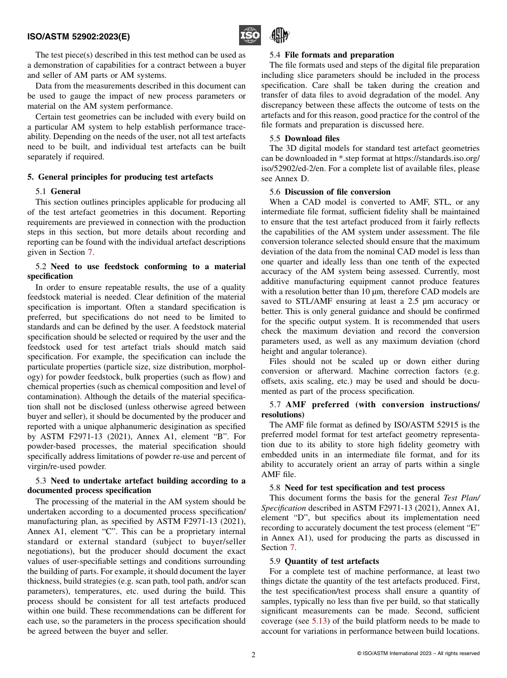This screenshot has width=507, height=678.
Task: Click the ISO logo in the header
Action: [249, 36]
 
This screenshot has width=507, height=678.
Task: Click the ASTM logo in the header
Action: [279, 36]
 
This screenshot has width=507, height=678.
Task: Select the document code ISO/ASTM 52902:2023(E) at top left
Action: [78, 37]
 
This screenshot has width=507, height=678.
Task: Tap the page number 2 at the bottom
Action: [253, 655]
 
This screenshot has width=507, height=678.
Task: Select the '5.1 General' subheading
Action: [58, 191]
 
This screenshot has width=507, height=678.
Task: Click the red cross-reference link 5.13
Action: [321, 621]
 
